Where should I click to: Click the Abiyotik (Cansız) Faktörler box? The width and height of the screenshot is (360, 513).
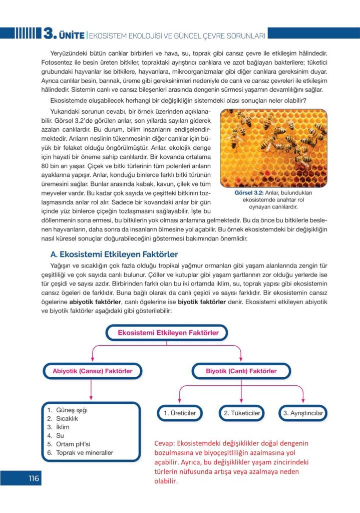[x=93, y=371]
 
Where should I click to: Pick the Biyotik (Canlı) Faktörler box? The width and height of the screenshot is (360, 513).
[x=241, y=371]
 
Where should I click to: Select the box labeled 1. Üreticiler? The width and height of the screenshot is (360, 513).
[x=180, y=413]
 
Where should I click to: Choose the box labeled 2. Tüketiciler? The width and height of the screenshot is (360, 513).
[x=241, y=413]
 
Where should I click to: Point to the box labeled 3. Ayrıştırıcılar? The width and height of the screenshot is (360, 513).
[x=302, y=413]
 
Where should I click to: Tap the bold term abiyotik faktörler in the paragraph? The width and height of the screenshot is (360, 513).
[x=96, y=302]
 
